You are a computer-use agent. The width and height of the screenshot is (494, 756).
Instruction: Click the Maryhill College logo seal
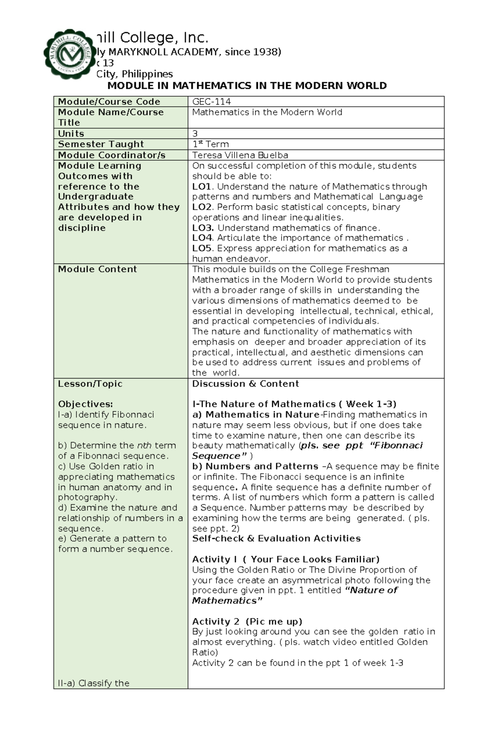click(69, 54)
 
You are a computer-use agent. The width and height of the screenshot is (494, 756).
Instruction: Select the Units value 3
click(195, 133)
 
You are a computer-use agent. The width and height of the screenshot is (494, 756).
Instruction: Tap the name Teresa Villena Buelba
click(240, 155)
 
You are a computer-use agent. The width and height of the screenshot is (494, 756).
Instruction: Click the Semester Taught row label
click(101, 144)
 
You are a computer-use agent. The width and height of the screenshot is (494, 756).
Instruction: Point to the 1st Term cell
click(210, 144)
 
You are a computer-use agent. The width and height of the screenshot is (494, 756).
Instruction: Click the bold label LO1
click(202, 187)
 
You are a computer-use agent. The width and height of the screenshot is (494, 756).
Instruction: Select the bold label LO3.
click(203, 228)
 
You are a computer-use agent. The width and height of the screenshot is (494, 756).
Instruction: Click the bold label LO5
click(202, 248)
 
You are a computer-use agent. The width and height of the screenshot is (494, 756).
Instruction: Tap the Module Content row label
click(97, 269)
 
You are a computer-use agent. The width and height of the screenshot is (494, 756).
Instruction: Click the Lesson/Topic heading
click(90, 384)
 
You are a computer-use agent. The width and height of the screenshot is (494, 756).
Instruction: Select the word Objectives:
click(85, 404)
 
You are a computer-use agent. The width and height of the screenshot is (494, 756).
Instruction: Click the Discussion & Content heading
click(245, 384)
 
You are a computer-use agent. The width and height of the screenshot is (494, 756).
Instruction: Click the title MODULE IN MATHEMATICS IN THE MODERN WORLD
click(247, 86)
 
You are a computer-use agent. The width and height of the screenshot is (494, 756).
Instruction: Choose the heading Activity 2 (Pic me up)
click(247, 621)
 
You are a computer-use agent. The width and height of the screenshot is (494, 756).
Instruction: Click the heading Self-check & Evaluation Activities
click(276, 538)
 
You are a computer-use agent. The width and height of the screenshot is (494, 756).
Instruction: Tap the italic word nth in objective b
click(144, 445)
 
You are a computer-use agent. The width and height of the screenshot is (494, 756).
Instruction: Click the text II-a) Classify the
click(93, 683)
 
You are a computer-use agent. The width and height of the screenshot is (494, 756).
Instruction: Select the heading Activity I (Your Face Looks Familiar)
click(286, 559)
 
